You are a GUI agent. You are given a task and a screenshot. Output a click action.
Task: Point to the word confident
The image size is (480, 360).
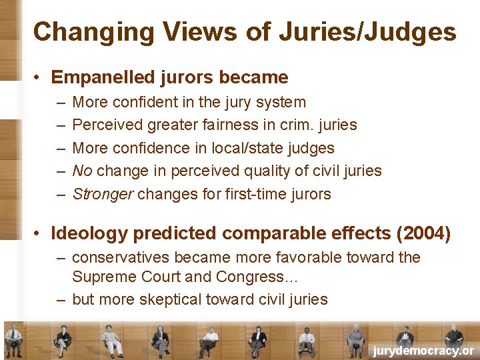[x=142, y=102]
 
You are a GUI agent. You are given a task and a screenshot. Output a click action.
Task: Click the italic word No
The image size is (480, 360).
[x=82, y=171]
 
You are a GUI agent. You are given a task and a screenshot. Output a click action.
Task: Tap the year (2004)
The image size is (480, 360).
[x=423, y=233]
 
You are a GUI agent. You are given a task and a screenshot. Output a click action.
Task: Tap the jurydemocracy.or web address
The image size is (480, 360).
[x=423, y=351]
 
